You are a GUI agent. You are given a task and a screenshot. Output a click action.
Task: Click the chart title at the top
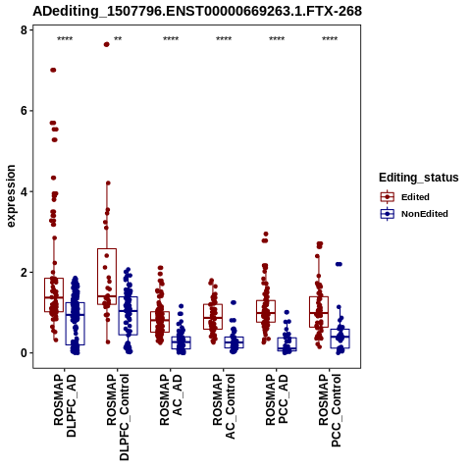pyautogui.click(x=197, y=11)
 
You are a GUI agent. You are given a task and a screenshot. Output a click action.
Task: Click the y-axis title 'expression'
pyautogui.click(x=11, y=196)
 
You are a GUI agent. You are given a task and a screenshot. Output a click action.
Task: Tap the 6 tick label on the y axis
pyautogui.click(x=24, y=111)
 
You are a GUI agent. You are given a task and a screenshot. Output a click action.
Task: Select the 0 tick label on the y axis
pyautogui.click(x=24, y=353)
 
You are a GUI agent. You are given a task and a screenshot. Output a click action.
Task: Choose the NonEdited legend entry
pyautogui.click(x=414, y=214)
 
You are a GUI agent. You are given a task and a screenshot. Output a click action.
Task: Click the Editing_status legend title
pyautogui.click(x=419, y=178)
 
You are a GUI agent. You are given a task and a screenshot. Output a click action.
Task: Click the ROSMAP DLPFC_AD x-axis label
pyautogui.click(x=65, y=405)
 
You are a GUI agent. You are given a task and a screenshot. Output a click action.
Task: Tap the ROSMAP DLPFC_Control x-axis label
pyautogui.click(x=118, y=417)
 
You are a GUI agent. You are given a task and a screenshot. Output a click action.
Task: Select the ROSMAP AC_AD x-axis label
pyautogui.click(x=171, y=399)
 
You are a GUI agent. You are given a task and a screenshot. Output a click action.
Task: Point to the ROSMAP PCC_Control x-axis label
pyautogui.click(x=330, y=410)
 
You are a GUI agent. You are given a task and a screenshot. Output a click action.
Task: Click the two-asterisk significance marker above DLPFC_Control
pyautogui.click(x=118, y=39)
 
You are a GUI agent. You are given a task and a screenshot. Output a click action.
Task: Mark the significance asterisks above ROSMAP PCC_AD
pyautogui.click(x=277, y=39)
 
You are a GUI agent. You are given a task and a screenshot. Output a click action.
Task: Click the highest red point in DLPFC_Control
pyautogui.click(x=107, y=44)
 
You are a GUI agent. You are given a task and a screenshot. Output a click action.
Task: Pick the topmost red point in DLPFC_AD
pyautogui.click(x=53, y=70)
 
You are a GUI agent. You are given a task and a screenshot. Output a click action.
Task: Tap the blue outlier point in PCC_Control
pyautogui.click(x=339, y=264)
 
